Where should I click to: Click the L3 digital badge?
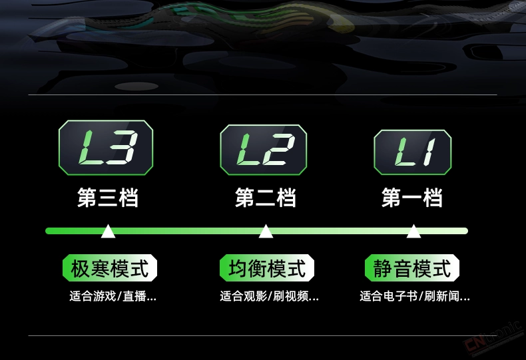click(106, 148)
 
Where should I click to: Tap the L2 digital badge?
click(264, 150)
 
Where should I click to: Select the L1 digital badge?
click(413, 152)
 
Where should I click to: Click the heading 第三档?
click(108, 198)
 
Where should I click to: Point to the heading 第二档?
click(266, 198)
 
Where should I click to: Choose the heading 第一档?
click(412, 198)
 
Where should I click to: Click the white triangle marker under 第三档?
click(108, 232)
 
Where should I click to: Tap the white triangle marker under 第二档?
click(266, 232)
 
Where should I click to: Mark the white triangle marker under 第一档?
click(413, 232)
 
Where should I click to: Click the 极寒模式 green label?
click(110, 268)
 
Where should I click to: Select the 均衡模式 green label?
click(267, 268)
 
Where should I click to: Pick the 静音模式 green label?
click(412, 268)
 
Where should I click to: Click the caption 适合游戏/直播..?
click(113, 296)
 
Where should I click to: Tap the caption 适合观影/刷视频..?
click(269, 296)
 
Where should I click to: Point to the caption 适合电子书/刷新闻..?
click(415, 296)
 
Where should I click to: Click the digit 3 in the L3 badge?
click(122, 148)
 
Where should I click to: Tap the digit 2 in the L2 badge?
click(278, 150)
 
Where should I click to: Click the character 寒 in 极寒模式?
click(100, 268)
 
